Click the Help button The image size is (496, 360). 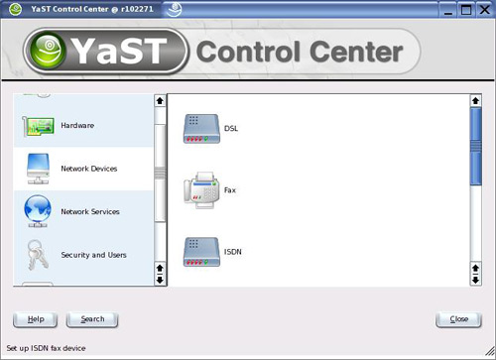point(36,319)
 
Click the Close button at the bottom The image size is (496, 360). point(458,319)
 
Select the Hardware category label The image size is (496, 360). point(77,126)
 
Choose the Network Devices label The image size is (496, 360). point(89,169)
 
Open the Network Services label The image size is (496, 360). point(90,211)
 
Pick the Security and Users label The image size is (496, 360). point(93,255)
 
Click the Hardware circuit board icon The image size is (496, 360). point(38,126)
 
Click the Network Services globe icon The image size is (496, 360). point(38,211)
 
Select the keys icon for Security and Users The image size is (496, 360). point(37,255)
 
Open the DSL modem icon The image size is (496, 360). point(201,129)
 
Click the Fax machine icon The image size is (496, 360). point(201,189)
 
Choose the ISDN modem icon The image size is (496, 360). point(201,252)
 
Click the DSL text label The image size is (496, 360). point(231,129)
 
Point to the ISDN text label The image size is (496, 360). point(233,252)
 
